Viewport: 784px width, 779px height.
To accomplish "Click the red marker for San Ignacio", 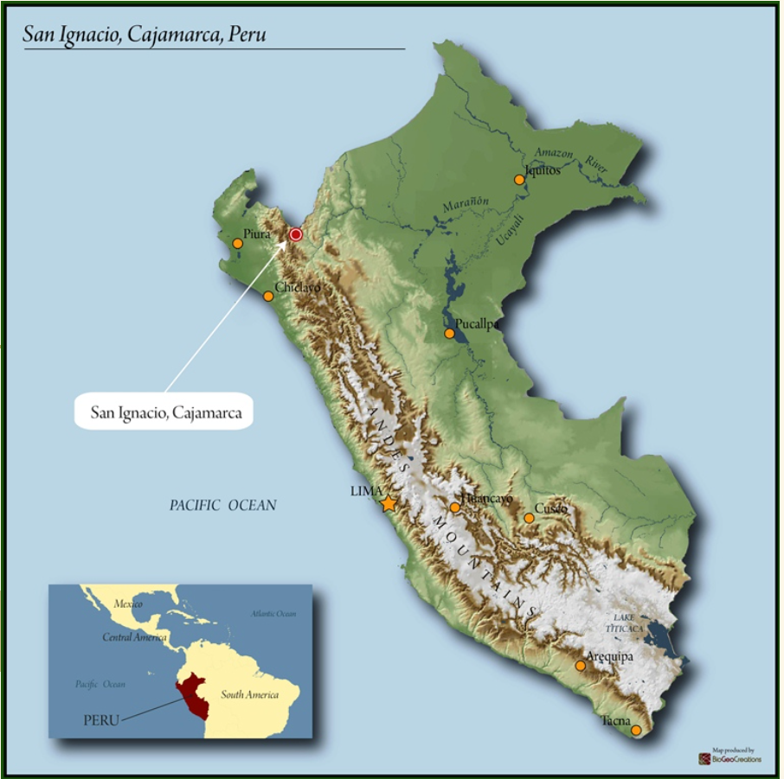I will [x=296, y=234].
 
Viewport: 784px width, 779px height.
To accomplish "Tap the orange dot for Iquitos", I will [x=519, y=180].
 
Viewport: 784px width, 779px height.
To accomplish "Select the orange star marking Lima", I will [x=389, y=503].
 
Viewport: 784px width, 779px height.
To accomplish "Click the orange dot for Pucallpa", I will [x=449, y=334].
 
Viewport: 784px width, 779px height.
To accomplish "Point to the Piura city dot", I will [x=238, y=244].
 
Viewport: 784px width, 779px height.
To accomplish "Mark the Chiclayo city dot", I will [x=268, y=297].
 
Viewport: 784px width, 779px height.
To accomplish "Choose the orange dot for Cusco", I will [x=529, y=519].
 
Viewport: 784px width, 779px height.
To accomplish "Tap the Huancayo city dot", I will [x=455, y=508].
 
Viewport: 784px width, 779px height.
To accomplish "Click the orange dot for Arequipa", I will [x=580, y=666].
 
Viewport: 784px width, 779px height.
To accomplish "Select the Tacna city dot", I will [x=636, y=731].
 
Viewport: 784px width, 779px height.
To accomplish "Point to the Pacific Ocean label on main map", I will [x=222, y=505].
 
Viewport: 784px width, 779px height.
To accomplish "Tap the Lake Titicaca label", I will [x=629, y=623].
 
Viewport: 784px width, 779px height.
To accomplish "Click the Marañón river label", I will [x=466, y=206].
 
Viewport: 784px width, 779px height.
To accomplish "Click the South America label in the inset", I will [x=249, y=694].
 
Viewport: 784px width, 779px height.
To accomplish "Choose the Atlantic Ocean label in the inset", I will [x=273, y=614].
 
